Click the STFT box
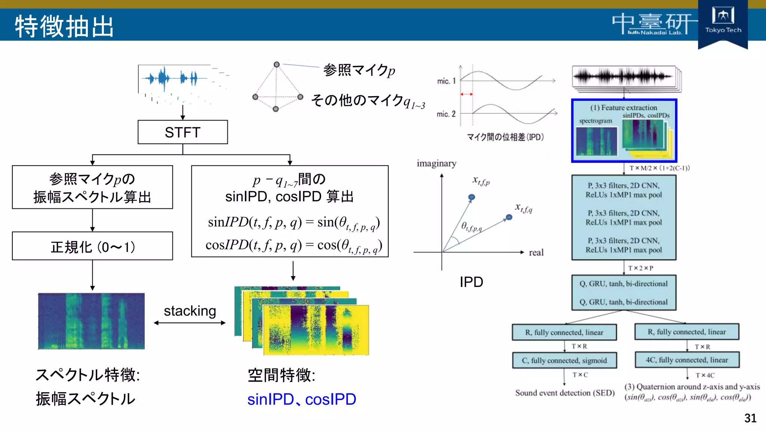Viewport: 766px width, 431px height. click(x=183, y=132)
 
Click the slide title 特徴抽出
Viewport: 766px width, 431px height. click(x=64, y=26)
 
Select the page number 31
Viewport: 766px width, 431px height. click(x=750, y=418)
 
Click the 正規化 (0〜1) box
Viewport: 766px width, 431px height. click(x=92, y=246)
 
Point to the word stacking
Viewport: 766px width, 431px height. click(x=190, y=311)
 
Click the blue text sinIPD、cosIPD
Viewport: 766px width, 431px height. click(x=301, y=399)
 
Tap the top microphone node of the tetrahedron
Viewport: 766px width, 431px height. click(x=276, y=64)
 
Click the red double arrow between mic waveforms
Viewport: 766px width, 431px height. click(x=466, y=94)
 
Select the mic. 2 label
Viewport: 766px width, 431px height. click(x=446, y=114)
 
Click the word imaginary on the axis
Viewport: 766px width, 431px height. click(x=436, y=163)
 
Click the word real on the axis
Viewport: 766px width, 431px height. click(x=536, y=253)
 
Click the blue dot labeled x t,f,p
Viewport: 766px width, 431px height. click(x=472, y=197)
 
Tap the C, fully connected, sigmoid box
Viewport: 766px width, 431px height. click(x=564, y=360)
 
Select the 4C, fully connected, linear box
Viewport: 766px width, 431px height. click(x=687, y=360)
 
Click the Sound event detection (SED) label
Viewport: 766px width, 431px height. click(x=565, y=393)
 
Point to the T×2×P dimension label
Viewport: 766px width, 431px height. click(x=640, y=268)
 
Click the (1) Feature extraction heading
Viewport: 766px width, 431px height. click(x=623, y=108)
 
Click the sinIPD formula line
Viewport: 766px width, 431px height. click(x=294, y=223)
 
